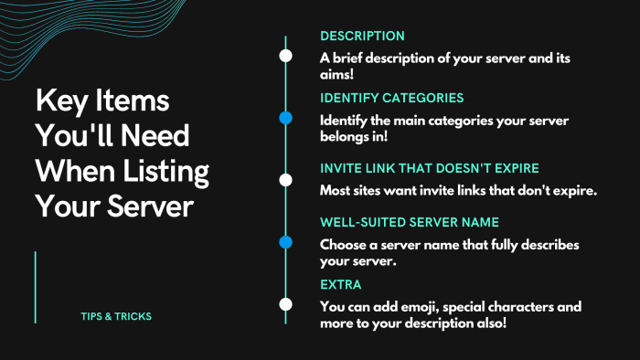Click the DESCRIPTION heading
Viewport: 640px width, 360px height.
362,36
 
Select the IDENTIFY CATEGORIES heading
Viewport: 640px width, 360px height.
392,98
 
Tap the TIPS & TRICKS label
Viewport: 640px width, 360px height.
116,316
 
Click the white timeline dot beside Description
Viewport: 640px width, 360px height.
285,55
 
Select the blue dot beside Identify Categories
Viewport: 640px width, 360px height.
285,118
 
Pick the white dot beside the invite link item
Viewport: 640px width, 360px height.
285,179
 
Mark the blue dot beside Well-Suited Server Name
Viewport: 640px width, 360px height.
285,242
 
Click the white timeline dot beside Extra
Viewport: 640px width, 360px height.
285,303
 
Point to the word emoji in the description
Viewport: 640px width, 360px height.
409,306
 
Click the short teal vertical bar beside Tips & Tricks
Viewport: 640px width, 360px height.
36,287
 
